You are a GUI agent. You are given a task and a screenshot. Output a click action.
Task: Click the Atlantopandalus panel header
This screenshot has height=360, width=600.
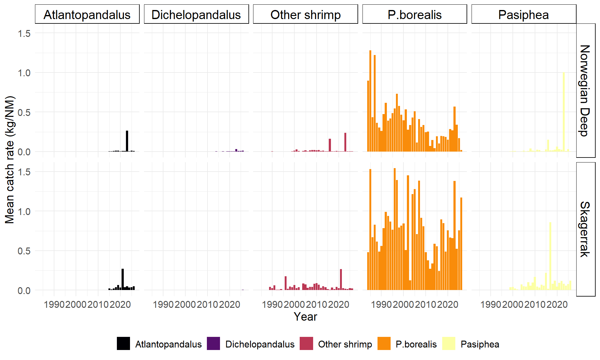tap(87, 14)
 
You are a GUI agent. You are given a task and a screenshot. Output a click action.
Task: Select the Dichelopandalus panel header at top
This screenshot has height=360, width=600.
tap(196, 14)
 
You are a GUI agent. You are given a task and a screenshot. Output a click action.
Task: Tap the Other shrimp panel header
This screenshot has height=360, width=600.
tap(305, 14)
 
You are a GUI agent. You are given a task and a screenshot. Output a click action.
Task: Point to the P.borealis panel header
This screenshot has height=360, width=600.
tap(415, 14)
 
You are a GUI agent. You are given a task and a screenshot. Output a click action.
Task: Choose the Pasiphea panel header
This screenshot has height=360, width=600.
tap(524, 14)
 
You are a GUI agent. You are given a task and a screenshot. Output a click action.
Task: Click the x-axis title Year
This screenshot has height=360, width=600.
tap(305, 317)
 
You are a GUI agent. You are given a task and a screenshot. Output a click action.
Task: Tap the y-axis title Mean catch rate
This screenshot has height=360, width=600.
tap(10, 160)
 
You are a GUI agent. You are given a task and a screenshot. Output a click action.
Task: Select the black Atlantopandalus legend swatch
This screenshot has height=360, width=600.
tap(123, 343)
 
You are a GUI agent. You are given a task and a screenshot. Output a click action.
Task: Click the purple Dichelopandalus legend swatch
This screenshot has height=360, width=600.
tap(213, 343)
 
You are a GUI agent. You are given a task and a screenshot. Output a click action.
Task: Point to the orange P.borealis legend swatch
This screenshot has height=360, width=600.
tap(384, 343)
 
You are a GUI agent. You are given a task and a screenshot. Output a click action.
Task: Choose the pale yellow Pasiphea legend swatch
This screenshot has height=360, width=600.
tap(449, 343)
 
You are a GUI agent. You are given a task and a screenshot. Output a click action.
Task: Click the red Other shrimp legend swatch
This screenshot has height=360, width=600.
tap(306, 343)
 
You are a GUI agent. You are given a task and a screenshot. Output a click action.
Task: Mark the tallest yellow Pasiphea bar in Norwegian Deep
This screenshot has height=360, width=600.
tap(564, 112)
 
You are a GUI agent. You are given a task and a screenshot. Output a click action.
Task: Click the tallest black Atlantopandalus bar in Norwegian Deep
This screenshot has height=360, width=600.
tap(127, 141)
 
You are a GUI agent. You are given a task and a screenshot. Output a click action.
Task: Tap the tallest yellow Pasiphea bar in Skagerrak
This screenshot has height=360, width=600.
tap(550, 256)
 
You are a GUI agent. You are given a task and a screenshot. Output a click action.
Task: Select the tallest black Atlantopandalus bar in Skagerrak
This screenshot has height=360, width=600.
tap(123, 279)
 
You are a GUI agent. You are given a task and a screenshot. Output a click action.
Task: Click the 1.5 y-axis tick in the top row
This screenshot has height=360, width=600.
tap(24, 33)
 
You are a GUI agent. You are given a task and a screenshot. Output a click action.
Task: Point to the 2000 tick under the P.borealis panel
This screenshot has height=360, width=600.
tap(403, 304)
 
